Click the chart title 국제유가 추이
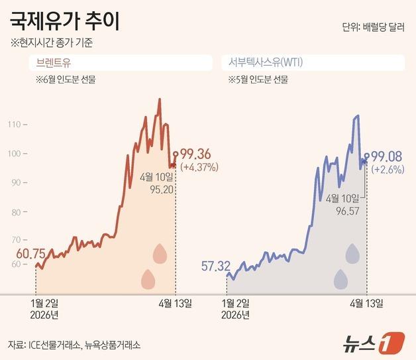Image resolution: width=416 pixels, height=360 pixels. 65,21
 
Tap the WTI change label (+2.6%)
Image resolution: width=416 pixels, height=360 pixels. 387,170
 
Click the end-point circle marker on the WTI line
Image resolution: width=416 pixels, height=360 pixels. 366,156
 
